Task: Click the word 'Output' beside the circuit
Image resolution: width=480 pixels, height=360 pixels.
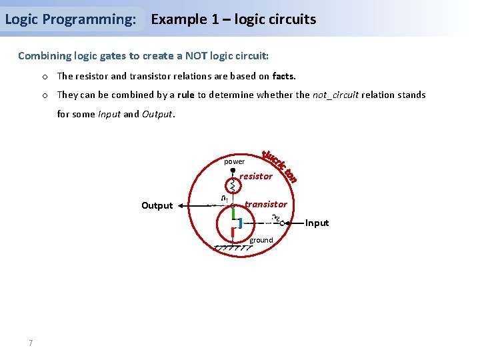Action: [x=157, y=205]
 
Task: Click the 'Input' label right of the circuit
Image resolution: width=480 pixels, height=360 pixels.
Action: [x=317, y=223]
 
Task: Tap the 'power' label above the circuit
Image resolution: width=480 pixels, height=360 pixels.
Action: [x=234, y=161]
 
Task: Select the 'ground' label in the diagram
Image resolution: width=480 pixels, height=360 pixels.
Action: [x=261, y=240]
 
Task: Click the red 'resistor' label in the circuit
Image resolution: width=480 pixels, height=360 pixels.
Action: [x=256, y=176]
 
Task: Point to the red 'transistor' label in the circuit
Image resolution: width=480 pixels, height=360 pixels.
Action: [x=265, y=204]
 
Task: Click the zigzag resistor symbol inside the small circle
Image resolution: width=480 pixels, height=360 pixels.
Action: [x=233, y=184]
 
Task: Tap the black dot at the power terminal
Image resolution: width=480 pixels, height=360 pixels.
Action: [x=233, y=170]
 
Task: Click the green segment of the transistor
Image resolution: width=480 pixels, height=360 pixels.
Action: [x=233, y=213]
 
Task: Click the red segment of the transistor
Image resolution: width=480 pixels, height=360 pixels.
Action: [x=232, y=233]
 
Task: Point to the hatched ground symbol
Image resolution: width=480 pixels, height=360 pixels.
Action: [x=233, y=247]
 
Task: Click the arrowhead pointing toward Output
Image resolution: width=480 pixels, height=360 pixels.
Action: [x=191, y=206]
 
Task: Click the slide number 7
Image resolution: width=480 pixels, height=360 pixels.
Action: [x=31, y=343]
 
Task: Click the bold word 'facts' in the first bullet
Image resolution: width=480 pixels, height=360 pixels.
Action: [x=283, y=76]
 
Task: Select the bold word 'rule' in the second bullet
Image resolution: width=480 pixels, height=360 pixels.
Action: [x=185, y=95]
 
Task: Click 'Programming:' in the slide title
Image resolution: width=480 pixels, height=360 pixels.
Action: [x=94, y=19]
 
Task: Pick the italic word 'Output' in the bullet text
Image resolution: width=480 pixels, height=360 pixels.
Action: [x=157, y=113]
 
